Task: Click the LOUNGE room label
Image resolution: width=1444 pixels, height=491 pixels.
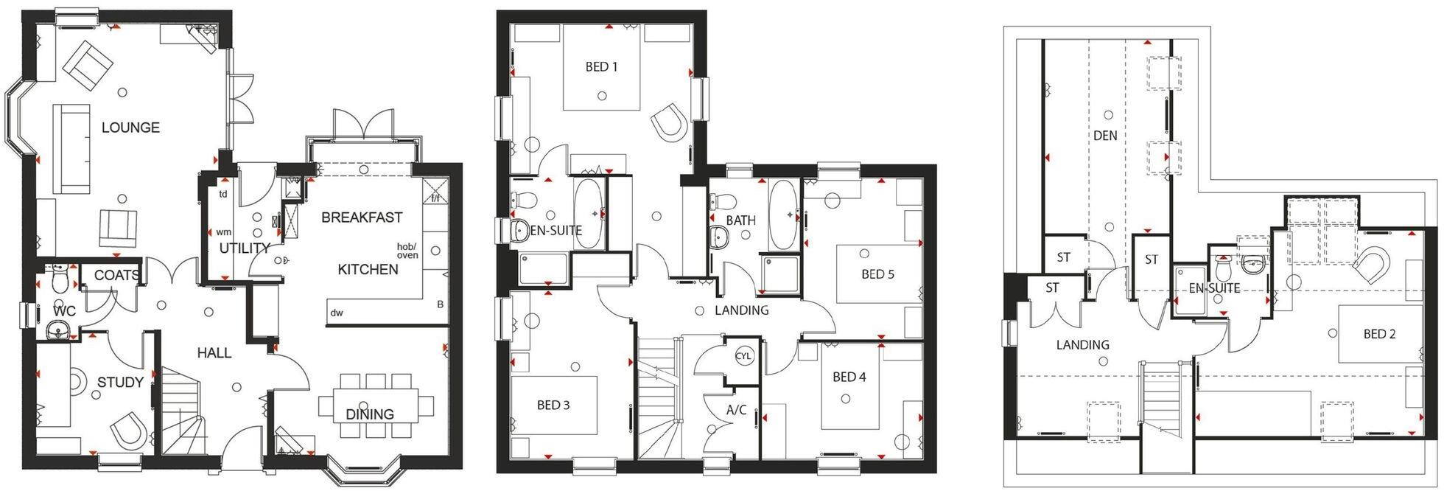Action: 130,128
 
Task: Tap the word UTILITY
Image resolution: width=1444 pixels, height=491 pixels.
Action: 245,248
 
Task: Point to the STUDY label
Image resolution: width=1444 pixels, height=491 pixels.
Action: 120,382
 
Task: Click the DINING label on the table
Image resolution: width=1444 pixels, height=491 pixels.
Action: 370,414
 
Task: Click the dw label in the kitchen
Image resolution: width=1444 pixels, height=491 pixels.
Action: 337,313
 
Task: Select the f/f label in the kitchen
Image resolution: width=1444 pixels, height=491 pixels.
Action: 435,198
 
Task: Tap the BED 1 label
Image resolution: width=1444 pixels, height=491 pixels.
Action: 601,67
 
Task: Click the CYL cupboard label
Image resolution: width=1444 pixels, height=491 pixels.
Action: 744,356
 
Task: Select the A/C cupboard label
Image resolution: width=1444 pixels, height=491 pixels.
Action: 737,411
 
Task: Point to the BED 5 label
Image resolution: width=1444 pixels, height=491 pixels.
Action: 877,274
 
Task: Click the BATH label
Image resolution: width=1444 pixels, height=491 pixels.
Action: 740,220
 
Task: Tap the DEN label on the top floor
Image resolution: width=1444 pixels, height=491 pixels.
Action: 1105,136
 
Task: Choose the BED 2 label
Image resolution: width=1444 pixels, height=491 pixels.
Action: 1379,334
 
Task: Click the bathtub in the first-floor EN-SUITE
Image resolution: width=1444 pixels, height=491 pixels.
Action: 589,214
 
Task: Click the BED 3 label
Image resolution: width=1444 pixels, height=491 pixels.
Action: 553,405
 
